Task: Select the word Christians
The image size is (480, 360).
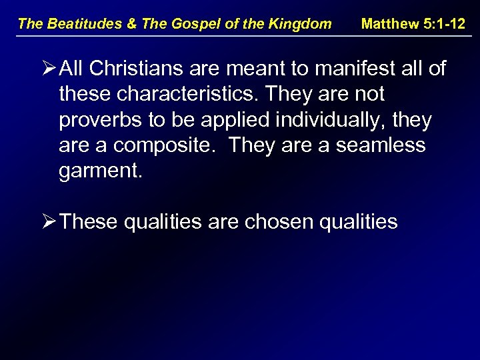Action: click(141, 68)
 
